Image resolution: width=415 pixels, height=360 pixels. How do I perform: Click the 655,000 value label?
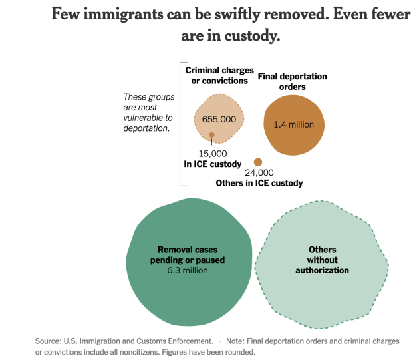pos(219,119)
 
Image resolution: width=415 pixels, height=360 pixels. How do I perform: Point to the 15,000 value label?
pos(213,154)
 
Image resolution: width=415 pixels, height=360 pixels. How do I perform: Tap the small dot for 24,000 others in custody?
pos(258,162)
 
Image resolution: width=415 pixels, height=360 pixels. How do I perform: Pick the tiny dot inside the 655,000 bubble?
pos(211,136)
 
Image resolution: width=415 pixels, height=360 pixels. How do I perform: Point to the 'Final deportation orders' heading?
pos(292,81)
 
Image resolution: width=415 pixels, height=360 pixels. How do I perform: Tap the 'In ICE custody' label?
pos(212,164)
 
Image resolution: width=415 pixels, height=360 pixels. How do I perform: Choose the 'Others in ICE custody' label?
pos(259,183)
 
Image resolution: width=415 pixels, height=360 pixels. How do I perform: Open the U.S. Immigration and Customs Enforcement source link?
pos(138,341)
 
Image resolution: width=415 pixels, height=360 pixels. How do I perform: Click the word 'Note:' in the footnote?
pos(238,341)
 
